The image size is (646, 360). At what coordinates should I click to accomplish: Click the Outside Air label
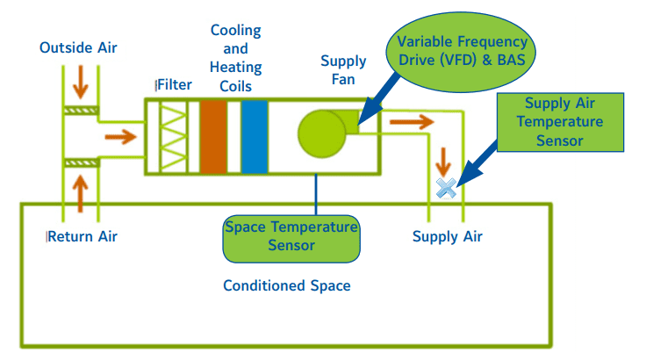(78, 47)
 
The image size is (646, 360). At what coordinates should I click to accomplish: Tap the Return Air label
(83, 237)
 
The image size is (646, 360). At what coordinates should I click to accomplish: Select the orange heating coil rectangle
(213, 137)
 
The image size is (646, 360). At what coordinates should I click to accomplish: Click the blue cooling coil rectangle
(255, 137)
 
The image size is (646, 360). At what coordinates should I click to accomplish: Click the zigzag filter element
(173, 137)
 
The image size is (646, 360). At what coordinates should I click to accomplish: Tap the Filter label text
(175, 85)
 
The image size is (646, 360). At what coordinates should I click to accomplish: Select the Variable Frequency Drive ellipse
(461, 52)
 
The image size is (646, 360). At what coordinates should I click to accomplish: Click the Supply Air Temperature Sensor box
(560, 122)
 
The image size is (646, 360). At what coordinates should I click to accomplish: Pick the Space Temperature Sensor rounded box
(291, 239)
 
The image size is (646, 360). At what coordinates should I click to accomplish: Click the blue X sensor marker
(446, 188)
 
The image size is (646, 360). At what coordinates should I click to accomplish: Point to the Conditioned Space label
(287, 285)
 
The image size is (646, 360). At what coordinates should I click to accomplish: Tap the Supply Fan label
(343, 70)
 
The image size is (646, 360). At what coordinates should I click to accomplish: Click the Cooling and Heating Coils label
(235, 58)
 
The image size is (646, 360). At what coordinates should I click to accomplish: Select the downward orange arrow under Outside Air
(81, 82)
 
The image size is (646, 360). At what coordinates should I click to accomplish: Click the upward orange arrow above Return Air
(81, 194)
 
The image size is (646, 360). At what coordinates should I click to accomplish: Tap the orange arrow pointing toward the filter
(121, 137)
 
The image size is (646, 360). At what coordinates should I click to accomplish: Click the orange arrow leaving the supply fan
(412, 122)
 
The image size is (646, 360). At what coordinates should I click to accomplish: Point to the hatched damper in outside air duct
(81, 111)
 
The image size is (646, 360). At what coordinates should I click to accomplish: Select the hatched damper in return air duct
(81, 163)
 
